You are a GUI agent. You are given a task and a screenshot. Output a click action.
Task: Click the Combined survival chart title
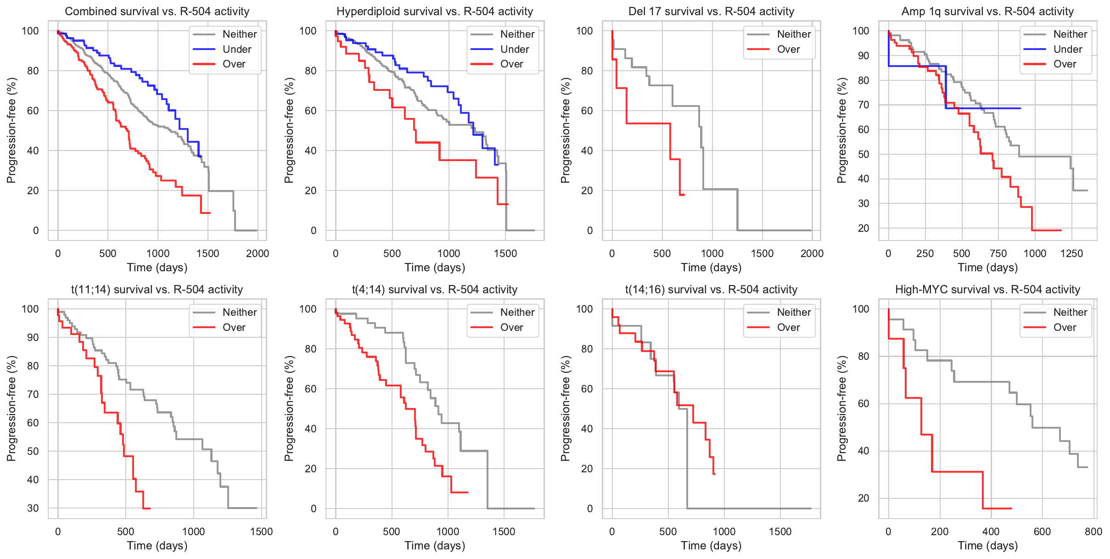(157, 11)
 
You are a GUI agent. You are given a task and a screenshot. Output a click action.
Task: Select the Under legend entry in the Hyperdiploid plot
(514, 49)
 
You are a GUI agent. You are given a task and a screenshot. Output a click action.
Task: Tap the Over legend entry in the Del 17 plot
(788, 49)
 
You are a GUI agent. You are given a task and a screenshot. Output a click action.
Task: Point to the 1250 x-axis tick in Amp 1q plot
(1071, 253)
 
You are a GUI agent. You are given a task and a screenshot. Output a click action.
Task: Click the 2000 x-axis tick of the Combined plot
(258, 253)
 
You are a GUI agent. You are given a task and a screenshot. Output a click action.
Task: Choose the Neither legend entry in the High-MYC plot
(1070, 313)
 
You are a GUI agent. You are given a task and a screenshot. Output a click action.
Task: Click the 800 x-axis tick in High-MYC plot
(1093, 531)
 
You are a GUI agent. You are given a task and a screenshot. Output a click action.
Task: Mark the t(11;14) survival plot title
(157, 290)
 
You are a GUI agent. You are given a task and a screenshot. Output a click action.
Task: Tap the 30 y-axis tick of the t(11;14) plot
(33, 508)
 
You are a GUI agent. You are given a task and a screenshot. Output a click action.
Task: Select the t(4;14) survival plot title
(435, 290)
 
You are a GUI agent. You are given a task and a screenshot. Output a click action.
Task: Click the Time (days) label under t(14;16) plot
(711, 546)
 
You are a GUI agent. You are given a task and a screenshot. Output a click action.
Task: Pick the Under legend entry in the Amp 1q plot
(1067, 49)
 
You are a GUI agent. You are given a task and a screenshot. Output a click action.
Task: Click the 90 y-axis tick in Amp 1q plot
(861, 56)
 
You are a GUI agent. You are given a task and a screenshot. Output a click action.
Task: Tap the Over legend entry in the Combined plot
(234, 64)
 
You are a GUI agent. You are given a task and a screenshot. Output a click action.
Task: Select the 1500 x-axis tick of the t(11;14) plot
(261, 531)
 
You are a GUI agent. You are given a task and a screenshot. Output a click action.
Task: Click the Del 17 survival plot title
(711, 11)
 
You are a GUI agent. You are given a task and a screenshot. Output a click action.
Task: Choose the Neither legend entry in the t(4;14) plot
(517, 313)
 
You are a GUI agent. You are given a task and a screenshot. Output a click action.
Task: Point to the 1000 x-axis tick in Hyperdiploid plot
(448, 253)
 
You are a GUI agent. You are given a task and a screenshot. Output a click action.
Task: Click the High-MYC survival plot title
(987, 290)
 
